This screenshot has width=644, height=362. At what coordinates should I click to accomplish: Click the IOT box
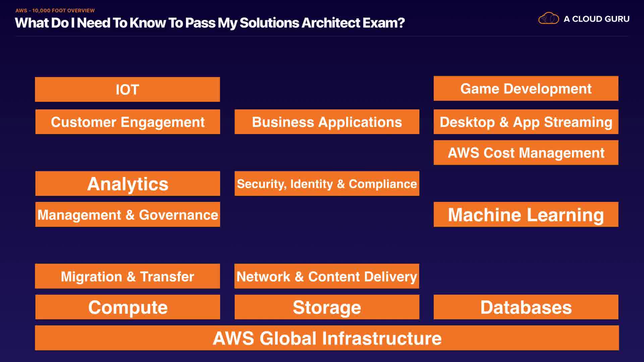click(127, 89)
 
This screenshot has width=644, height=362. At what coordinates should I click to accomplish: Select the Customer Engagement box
click(127, 122)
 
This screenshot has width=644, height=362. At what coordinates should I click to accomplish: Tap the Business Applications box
click(327, 122)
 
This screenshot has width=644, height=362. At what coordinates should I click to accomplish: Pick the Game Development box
click(526, 88)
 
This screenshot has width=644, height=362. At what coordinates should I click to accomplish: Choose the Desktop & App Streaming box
click(526, 122)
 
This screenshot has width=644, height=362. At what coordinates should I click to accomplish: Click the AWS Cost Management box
click(526, 153)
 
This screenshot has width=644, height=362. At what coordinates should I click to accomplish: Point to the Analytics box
click(127, 184)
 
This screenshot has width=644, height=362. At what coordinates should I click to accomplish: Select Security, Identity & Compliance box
click(327, 184)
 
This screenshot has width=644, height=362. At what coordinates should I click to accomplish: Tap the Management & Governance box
click(127, 215)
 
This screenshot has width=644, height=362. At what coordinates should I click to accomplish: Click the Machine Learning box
click(526, 215)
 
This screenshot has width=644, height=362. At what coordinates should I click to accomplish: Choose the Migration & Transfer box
click(127, 276)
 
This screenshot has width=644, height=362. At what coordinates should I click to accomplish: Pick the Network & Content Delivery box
click(327, 276)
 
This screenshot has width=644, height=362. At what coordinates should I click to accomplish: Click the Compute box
click(127, 307)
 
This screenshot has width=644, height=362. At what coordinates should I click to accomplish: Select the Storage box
click(327, 307)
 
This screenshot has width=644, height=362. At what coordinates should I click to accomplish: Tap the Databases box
click(526, 307)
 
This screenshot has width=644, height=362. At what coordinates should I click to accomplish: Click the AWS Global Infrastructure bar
click(327, 338)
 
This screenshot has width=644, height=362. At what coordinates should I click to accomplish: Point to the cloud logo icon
click(548, 18)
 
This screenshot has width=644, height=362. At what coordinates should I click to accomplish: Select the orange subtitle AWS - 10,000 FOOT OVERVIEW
click(55, 10)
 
